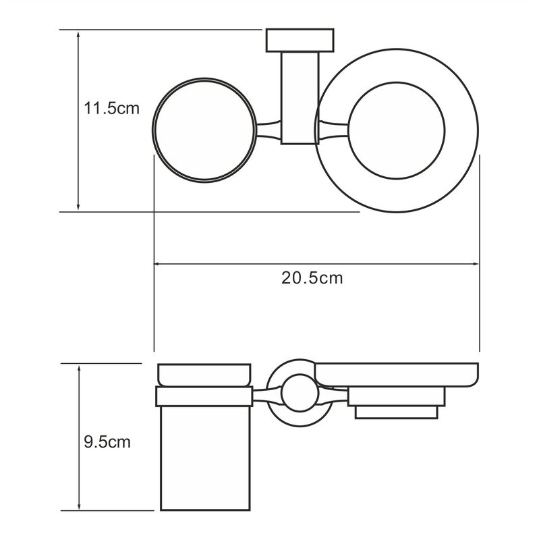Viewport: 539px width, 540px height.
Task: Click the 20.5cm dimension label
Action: coord(312,277)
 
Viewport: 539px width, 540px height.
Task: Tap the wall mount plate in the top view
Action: coord(300,40)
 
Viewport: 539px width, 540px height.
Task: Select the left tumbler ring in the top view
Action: coord(204,130)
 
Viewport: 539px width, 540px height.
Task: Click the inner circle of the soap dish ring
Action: coord(398,130)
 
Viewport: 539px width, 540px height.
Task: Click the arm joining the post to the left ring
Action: coord(268,130)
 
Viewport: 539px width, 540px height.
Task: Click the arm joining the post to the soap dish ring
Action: coord(332,129)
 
